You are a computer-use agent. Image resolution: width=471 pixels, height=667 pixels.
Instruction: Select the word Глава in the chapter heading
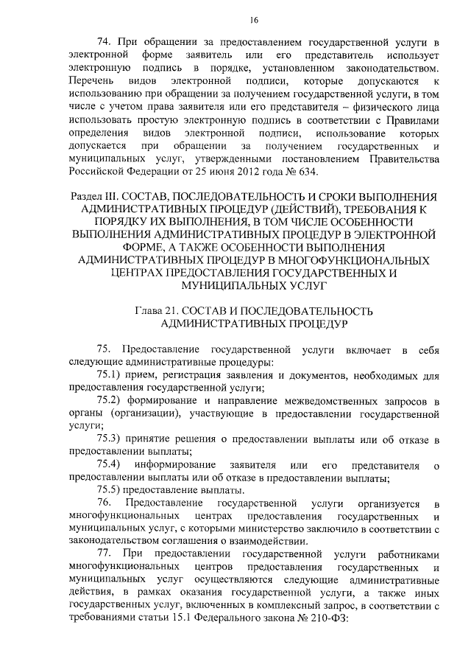150,310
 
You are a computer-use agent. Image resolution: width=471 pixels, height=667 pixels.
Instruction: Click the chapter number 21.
177,310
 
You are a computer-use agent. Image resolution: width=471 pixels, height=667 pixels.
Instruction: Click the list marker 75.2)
112,402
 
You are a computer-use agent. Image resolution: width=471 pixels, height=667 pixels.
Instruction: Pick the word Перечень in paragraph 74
91,81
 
